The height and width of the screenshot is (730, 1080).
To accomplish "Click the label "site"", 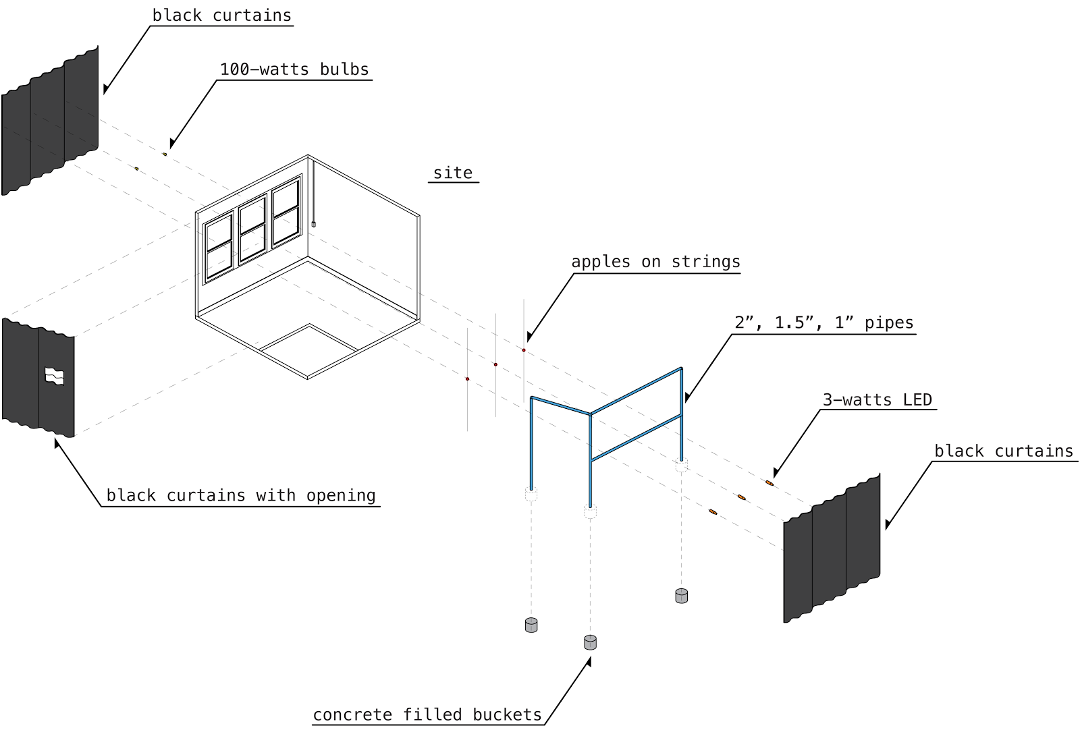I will (x=453, y=173).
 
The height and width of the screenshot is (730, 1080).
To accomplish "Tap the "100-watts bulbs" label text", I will (x=294, y=69).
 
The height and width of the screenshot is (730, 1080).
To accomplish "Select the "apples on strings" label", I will (x=655, y=262).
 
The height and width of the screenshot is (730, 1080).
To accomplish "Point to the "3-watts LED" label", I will (x=877, y=400).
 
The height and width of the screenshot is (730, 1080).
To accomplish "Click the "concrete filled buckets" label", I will (x=427, y=714).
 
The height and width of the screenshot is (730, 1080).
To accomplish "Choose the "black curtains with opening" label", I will (x=241, y=495).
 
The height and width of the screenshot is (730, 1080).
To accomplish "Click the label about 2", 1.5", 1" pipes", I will (x=824, y=322).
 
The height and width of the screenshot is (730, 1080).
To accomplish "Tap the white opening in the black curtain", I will (x=54, y=376).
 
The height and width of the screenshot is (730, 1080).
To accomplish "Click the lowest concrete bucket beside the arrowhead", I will (x=590, y=642).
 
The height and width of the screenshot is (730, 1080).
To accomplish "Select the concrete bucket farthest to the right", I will (x=682, y=596).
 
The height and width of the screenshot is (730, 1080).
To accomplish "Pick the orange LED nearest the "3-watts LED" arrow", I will (x=769, y=483).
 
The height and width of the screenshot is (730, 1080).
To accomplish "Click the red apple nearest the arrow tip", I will (x=524, y=350).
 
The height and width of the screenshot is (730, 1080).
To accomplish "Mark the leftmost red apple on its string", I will (x=467, y=379).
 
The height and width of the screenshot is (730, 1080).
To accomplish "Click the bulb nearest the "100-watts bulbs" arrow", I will (x=165, y=155).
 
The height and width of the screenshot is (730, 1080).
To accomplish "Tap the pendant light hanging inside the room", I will (x=314, y=223).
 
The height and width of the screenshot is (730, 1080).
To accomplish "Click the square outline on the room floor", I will (x=309, y=347).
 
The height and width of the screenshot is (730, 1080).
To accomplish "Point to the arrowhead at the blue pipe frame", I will (x=686, y=397).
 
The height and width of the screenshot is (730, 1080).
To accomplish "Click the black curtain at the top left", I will (x=51, y=121).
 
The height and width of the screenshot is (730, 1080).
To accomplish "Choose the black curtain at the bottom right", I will (x=832, y=549).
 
